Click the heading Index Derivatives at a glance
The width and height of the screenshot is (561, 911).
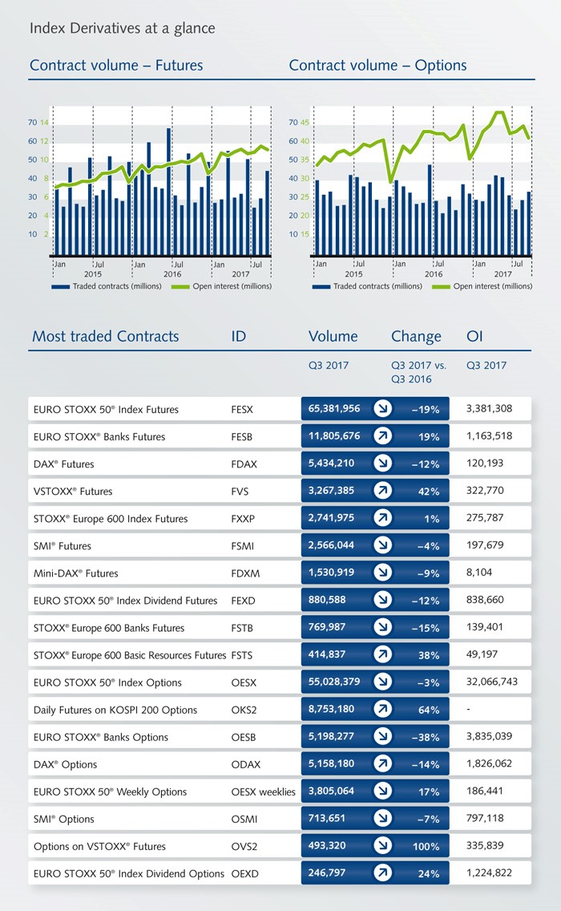click(122, 29)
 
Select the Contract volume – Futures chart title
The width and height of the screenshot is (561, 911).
click(116, 66)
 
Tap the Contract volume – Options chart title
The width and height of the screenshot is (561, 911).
click(377, 66)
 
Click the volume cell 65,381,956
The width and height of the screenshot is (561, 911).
click(334, 409)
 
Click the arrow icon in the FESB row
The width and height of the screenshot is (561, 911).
click(382, 437)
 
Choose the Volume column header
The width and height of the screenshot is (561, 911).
click(333, 336)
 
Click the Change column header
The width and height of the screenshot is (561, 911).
click(416, 336)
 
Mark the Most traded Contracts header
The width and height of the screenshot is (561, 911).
click(105, 336)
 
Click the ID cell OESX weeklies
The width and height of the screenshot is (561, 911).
click(263, 792)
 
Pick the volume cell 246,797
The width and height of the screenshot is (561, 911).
click(327, 873)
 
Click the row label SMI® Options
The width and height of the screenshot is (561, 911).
click(64, 819)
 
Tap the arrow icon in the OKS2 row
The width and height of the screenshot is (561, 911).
click(382, 710)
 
